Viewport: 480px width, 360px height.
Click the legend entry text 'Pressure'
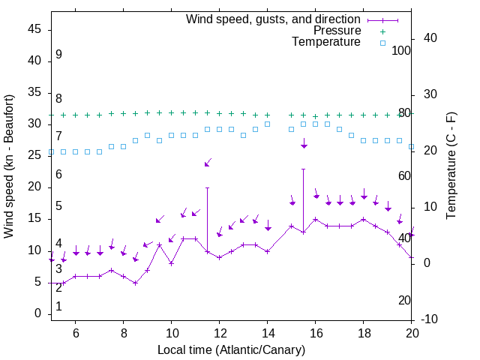click(x=337, y=31)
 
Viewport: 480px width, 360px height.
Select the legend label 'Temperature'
click(x=326, y=42)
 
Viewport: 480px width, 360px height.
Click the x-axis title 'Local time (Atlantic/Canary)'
click(x=231, y=350)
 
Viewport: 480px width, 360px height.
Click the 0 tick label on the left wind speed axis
click(x=38, y=313)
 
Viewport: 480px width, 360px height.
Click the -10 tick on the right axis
click(x=431, y=319)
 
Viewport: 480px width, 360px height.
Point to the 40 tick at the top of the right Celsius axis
click(x=431, y=38)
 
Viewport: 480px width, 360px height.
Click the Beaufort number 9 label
click(x=58, y=55)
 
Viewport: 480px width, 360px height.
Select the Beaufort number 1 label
click(x=58, y=307)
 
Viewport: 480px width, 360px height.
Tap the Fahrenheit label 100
click(x=401, y=51)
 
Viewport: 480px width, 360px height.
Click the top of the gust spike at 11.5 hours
click(x=207, y=187)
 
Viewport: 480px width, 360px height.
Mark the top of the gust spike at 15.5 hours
click(x=303, y=169)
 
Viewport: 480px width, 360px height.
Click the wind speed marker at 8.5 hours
click(x=135, y=283)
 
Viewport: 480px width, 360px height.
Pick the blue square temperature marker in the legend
click(x=382, y=43)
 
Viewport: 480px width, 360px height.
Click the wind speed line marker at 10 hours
click(x=171, y=263)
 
